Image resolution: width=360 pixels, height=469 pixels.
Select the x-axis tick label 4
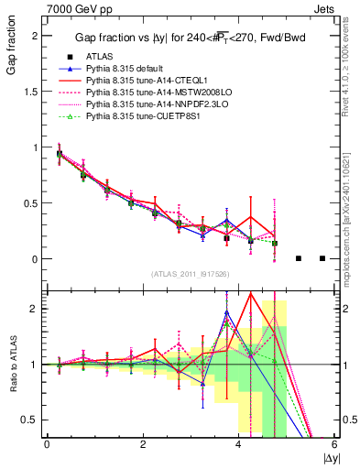238,444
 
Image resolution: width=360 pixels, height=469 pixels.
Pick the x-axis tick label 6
334,444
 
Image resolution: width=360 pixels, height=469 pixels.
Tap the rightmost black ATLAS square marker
322,258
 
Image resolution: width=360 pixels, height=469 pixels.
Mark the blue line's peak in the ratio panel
226,312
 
